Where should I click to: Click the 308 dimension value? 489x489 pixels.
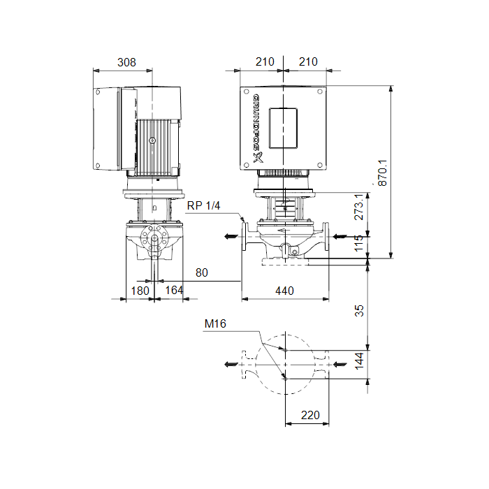126,62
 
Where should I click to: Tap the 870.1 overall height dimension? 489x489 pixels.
383,173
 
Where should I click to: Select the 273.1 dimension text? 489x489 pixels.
359,207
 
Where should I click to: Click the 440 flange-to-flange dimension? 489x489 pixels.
284,291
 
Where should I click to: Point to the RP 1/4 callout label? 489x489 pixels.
204,205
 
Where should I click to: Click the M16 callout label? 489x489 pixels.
215,323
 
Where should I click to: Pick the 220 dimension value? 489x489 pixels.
310,415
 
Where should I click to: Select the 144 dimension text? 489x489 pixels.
359,361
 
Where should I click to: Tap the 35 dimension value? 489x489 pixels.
359,311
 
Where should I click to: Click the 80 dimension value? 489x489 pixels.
202,272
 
